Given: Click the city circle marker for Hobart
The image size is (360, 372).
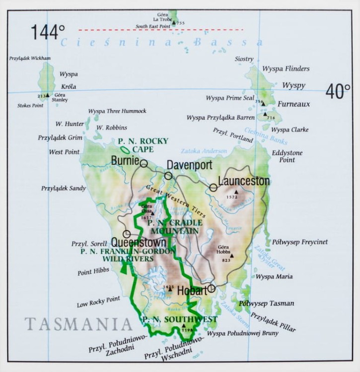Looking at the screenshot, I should [212, 288].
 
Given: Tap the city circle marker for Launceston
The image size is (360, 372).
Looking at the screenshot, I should [214, 187].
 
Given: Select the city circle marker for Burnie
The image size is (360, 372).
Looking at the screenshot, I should [144, 163].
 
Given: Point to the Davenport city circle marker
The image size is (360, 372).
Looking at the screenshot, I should [168, 176].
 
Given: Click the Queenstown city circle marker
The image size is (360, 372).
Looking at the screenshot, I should [127, 234].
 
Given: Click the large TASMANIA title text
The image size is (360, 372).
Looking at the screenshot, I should [78, 324].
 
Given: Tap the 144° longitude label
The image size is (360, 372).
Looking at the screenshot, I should [48, 33].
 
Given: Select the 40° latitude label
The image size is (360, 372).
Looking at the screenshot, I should [338, 91].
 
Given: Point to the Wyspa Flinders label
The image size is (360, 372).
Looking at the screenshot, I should [286, 69].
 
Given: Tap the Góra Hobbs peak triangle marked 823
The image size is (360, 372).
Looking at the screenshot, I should [231, 255].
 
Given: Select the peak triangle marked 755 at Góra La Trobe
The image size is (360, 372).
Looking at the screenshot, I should [174, 23].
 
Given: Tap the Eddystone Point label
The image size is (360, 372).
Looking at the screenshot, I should [287, 157].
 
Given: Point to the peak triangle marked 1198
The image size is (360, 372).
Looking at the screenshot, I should [184, 326].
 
